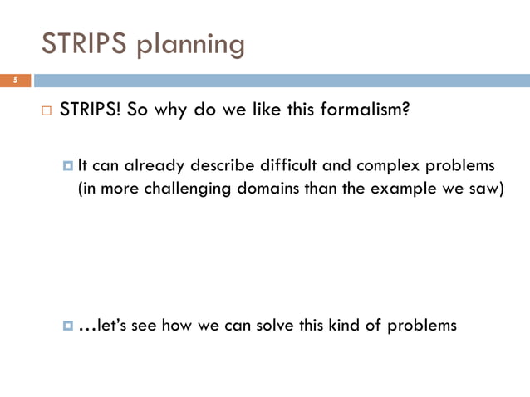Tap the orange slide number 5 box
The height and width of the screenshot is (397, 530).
[15, 81]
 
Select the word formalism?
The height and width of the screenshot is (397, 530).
[370, 110]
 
